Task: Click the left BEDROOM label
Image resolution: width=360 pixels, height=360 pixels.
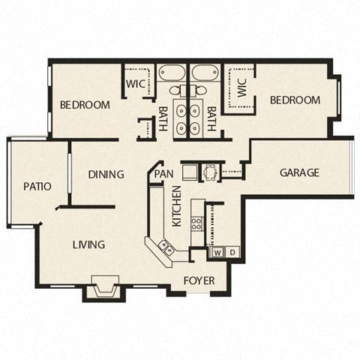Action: [85, 104]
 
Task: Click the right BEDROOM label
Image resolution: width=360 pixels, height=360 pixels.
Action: [295, 100]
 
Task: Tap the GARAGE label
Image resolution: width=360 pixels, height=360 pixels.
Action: [299, 172]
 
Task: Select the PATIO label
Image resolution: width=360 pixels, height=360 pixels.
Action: [37, 186]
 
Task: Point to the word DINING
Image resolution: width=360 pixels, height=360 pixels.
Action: [106, 175]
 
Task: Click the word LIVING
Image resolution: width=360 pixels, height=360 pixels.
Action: [88, 244]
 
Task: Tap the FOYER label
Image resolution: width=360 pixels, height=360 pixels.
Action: [199, 280]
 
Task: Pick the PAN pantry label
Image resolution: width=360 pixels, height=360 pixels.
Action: [163, 174]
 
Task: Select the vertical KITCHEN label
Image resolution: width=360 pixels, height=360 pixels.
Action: [177, 206]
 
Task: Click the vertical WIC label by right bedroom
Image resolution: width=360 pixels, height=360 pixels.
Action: [241, 91]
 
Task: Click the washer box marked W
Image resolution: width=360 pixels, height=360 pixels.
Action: [217, 252]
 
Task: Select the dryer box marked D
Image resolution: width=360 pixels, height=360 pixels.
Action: [232, 252]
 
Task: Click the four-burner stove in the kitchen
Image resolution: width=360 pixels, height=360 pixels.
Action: [197, 223]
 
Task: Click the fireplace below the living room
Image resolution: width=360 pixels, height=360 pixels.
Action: [102, 286]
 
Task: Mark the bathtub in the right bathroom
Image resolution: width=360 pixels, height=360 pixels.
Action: [204, 74]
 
